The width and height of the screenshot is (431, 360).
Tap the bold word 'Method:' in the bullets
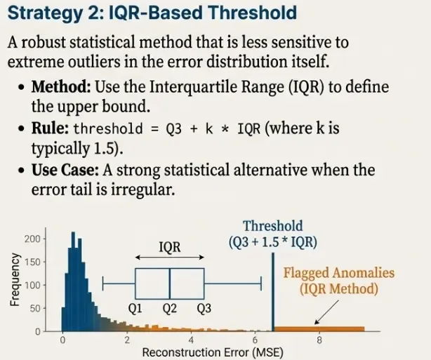60,89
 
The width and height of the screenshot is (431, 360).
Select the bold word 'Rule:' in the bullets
50,129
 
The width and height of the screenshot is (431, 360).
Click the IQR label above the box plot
169,246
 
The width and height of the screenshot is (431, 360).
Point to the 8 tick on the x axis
319,340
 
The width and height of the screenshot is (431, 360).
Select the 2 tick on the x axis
127,340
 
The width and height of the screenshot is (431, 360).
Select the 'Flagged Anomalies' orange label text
338,273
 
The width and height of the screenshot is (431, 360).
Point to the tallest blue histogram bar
72,281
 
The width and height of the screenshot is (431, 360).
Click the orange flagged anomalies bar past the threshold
319,328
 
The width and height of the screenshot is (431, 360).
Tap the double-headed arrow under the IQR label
169,258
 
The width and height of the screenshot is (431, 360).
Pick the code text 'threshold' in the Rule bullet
102,129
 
